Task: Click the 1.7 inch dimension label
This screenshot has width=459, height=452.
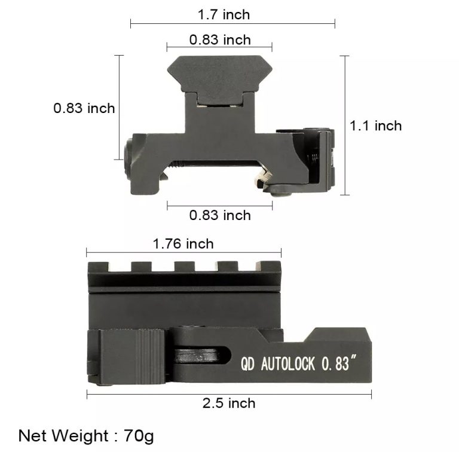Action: point(224,14)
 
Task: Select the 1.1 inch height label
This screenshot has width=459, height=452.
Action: point(375,126)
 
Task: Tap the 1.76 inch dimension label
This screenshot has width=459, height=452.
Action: point(183,243)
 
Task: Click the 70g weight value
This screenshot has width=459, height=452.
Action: point(139,435)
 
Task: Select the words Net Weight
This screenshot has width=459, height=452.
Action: point(58,435)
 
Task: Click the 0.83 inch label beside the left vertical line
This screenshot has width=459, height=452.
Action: point(84,108)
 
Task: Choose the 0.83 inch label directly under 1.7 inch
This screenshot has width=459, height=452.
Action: point(220,40)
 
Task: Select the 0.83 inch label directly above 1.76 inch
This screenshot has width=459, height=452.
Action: point(220,215)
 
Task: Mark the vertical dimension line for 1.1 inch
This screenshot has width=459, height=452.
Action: point(344,126)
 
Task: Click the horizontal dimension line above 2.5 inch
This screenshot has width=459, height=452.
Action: point(229,393)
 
